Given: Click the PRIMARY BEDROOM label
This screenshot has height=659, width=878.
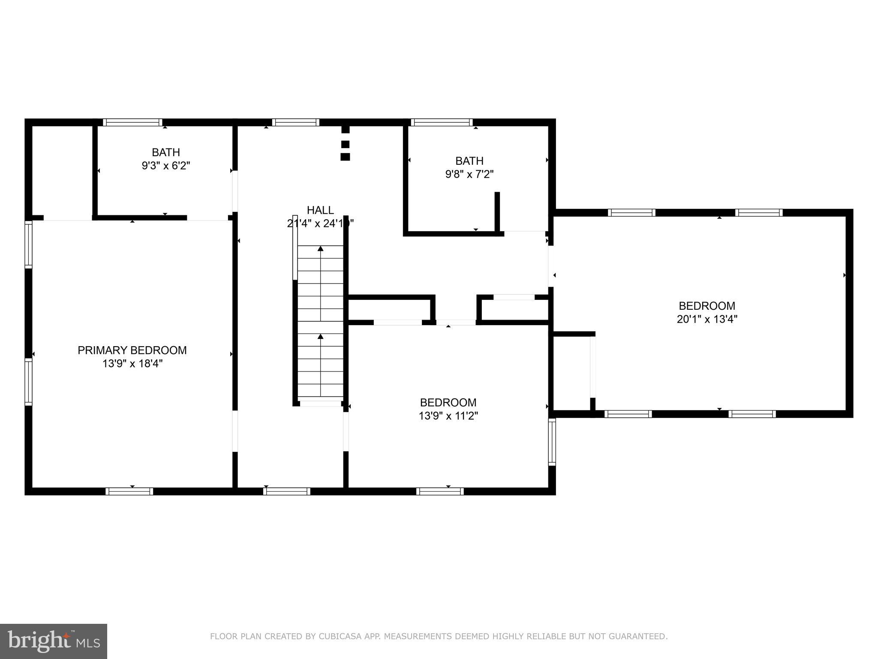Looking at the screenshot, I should (x=132, y=350).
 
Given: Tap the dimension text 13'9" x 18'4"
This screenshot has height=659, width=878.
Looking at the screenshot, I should (x=132, y=364).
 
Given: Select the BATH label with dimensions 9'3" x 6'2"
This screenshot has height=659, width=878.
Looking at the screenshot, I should (x=165, y=152).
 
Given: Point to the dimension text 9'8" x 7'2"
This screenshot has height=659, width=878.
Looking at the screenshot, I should (x=469, y=174).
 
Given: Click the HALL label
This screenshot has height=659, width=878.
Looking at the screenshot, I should (x=320, y=210).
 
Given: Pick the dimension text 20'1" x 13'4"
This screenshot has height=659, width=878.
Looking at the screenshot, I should (x=707, y=319).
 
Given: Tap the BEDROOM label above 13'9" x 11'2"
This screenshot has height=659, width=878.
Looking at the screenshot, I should (x=448, y=402).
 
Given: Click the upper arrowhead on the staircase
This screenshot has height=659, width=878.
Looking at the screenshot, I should (x=320, y=248).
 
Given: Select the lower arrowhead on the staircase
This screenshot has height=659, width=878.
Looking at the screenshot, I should (x=320, y=336).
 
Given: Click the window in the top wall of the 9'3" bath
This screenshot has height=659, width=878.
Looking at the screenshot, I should (x=132, y=122).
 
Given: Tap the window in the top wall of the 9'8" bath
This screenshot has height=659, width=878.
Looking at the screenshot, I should (x=442, y=122).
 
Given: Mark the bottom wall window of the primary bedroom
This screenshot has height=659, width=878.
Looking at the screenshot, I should (x=129, y=491).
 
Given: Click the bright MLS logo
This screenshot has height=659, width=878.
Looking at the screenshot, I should (x=54, y=641).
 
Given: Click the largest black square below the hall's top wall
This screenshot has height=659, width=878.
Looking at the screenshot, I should (x=345, y=157).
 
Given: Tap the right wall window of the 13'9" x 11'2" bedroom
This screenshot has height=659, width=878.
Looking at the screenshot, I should (x=552, y=442).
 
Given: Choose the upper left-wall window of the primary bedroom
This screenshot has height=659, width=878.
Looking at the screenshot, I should (x=28, y=245).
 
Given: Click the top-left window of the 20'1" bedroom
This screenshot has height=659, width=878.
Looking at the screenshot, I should (x=631, y=212).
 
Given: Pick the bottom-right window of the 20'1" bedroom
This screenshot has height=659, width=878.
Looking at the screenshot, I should (x=752, y=414).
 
